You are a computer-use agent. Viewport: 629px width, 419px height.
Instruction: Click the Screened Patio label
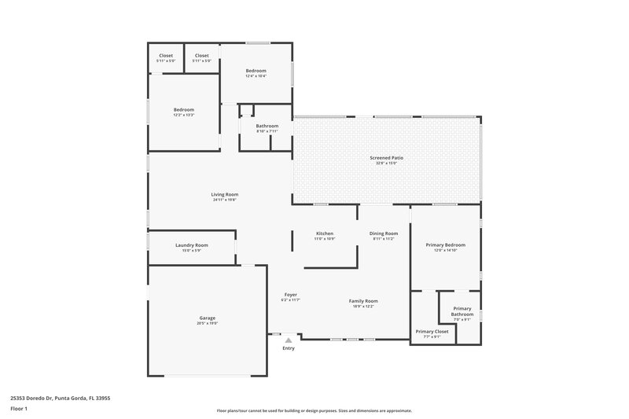tap(387, 158)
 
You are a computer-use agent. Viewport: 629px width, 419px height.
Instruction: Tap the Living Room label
tap(225, 194)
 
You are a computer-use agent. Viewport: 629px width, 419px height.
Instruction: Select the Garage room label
tap(207, 318)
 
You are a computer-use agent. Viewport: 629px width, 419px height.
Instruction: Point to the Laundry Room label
tap(191, 245)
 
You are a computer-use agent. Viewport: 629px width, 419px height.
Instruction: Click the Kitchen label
tap(325, 233)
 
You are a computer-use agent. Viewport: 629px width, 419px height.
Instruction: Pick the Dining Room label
tap(384, 233)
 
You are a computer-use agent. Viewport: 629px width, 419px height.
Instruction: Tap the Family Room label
tap(364, 301)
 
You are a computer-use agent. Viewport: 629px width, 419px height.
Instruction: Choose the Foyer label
tap(290, 295)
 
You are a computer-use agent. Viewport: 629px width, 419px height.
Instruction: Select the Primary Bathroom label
tap(462, 311)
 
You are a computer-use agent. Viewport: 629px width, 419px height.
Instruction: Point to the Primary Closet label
tap(432, 332)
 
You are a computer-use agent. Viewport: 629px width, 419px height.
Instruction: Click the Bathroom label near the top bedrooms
tap(267, 126)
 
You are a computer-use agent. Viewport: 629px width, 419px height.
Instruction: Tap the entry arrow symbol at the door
tap(289, 340)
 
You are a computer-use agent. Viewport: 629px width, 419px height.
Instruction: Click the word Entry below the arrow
tap(289, 348)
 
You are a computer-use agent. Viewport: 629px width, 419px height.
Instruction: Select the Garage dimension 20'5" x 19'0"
tap(207, 323)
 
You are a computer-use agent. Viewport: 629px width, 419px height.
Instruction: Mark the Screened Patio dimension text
tap(387, 164)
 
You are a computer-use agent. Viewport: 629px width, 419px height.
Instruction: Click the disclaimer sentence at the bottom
tap(314, 410)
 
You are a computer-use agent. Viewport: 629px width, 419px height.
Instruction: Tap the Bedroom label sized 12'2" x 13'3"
tap(184, 109)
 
